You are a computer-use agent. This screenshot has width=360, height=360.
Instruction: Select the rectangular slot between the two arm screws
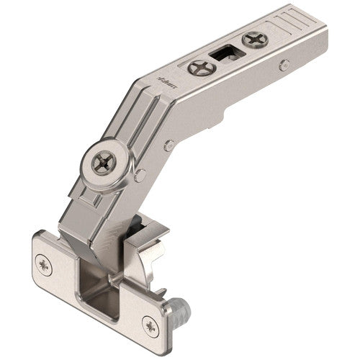click(225, 55)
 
